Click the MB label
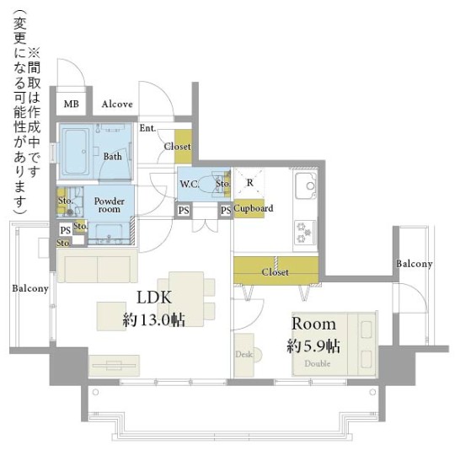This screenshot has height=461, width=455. (x=72, y=104)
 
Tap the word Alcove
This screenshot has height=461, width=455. (x=117, y=104)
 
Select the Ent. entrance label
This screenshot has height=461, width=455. (x=147, y=128)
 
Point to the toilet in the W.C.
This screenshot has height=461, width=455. (x=213, y=184)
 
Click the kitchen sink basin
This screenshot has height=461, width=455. (x=306, y=185)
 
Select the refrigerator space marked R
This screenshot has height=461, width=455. (x=249, y=183)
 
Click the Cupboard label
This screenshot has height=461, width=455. (x=254, y=208)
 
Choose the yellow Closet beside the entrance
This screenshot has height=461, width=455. (x=183, y=147)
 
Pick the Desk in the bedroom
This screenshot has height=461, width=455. (x=244, y=355)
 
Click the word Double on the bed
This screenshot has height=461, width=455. (x=318, y=364)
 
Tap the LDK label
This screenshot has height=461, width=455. (x=154, y=298)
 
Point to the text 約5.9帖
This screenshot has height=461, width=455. (x=313, y=346)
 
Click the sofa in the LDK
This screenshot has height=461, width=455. (x=98, y=265)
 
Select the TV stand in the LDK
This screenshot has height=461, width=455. (x=114, y=366)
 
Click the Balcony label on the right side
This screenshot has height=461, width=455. (x=415, y=264)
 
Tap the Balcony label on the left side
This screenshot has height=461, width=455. (x=30, y=288)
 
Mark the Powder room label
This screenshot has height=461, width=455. (x=110, y=205)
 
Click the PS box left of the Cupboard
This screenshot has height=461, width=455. (x=226, y=210)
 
